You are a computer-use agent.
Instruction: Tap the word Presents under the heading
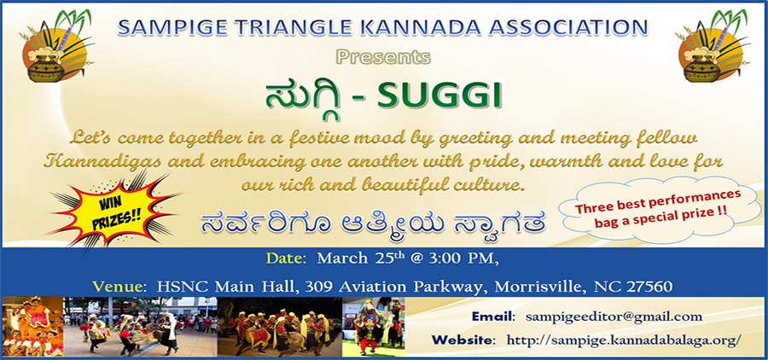tap(383, 57)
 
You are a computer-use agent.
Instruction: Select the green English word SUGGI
tap(439, 97)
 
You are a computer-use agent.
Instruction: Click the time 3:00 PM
tap(464, 258)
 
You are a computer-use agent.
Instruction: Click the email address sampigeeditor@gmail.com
tap(614, 316)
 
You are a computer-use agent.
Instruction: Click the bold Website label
tap(464, 340)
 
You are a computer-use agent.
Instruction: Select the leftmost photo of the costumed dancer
tap(32, 326)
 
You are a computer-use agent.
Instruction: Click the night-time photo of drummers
tap(280, 326)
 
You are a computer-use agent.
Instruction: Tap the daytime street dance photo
tap(141, 326)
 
